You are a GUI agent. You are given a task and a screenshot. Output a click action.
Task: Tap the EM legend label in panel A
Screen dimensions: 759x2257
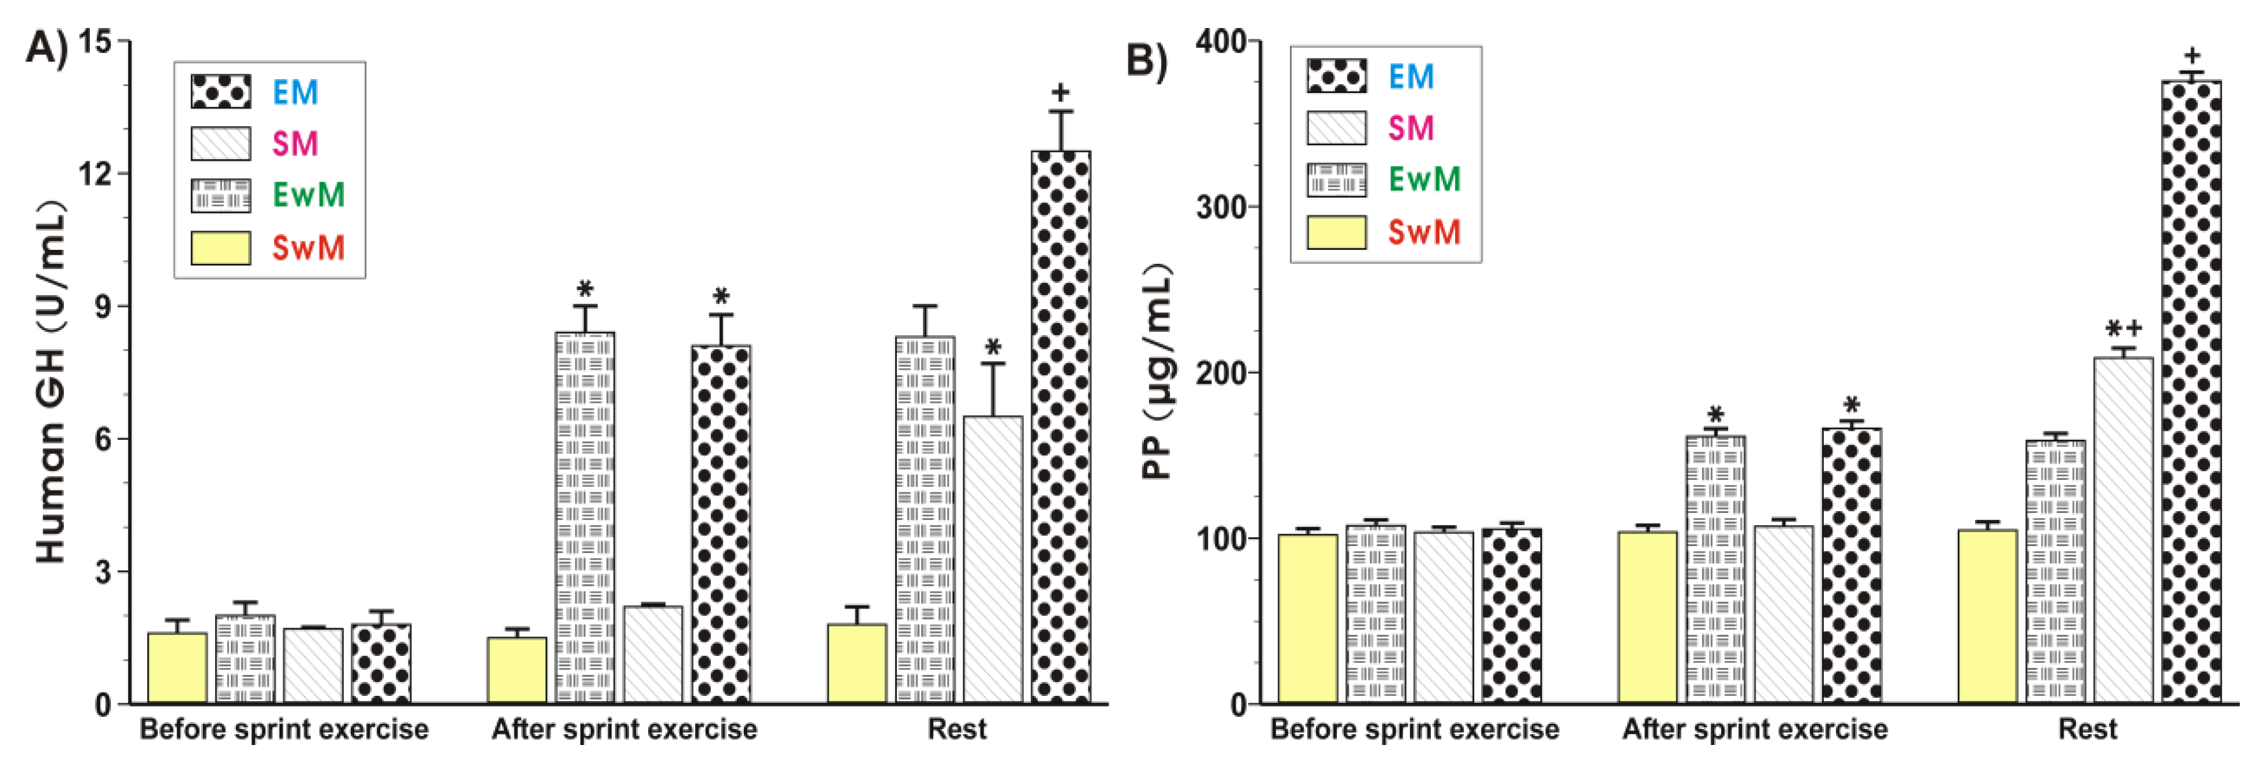pyautogui.click(x=295, y=92)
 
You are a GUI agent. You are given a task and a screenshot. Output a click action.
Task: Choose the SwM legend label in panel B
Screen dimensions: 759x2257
pyautogui.click(x=1425, y=232)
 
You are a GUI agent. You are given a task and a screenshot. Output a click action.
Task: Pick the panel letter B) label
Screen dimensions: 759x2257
pyautogui.click(x=1145, y=61)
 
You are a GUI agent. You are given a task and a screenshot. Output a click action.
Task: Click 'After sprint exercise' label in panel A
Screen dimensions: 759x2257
pyautogui.click(x=624, y=729)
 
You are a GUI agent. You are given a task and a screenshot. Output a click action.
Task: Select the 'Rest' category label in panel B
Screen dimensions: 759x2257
pyautogui.click(x=2088, y=729)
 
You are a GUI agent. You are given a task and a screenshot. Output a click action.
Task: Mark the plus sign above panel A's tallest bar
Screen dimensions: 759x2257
pyautogui.click(x=1060, y=91)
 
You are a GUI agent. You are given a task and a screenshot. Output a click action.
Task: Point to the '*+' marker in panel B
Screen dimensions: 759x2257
pyautogui.click(x=2124, y=329)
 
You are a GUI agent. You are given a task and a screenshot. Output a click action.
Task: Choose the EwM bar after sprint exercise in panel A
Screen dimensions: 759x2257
pyautogui.click(x=584, y=516)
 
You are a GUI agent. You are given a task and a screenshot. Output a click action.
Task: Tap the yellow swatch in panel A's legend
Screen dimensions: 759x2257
pyautogui.click(x=221, y=248)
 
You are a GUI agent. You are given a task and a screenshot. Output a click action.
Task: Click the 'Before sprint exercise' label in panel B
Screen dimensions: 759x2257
pyautogui.click(x=1414, y=729)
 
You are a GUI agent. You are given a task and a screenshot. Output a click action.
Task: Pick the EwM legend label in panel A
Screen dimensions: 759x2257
pyautogui.click(x=308, y=194)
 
